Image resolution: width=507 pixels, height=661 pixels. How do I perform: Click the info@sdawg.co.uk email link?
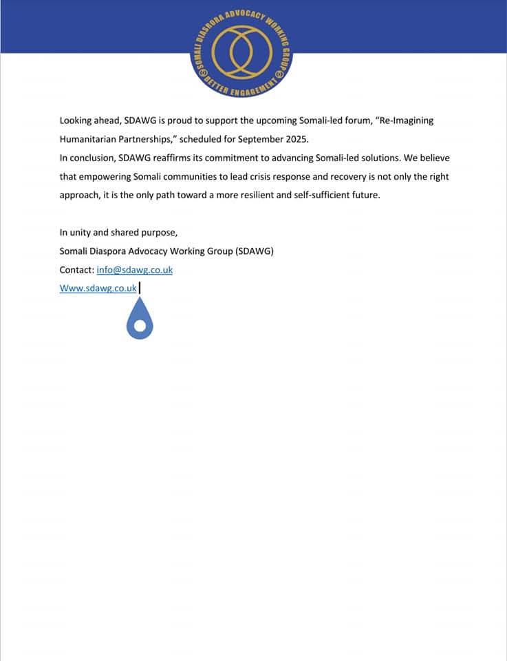(x=134, y=270)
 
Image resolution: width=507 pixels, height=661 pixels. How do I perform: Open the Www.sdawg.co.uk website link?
(x=98, y=288)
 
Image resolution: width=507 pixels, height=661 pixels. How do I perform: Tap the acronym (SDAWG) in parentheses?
(x=255, y=251)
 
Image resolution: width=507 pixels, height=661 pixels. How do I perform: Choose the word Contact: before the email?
(x=76, y=270)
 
